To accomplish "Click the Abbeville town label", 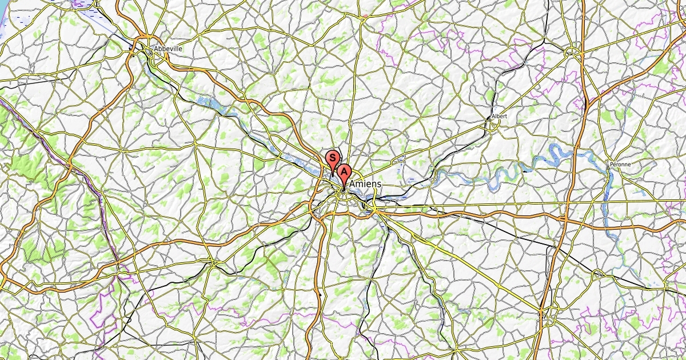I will pyautogui.click(x=168, y=49).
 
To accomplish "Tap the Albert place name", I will pyautogui.click(x=499, y=116).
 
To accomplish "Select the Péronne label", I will pyautogui.click(x=620, y=164).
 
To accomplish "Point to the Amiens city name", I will pyautogui.click(x=365, y=184).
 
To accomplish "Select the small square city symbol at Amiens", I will pyautogui.click(x=344, y=190).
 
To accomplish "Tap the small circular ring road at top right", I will pyautogui.click(x=571, y=53).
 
